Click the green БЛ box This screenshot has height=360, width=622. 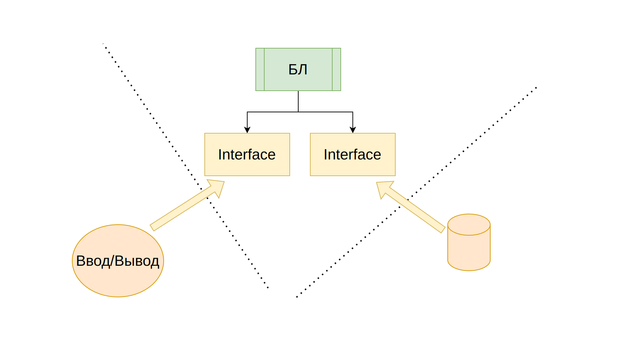click(298, 69)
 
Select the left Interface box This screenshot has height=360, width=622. click(247, 154)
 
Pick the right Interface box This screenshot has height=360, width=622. click(353, 154)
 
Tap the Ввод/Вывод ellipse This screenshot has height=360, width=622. click(118, 261)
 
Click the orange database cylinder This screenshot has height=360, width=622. click(469, 242)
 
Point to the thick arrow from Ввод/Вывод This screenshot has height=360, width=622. click(187, 205)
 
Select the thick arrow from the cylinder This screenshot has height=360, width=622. click(411, 207)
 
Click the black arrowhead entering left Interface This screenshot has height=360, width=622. click(247, 130)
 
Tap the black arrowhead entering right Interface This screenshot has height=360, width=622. click(353, 130)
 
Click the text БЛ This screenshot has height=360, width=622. click(298, 69)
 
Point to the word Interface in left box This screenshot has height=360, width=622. click(247, 154)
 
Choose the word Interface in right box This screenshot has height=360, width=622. click(352, 154)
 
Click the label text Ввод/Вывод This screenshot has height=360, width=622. click(118, 261)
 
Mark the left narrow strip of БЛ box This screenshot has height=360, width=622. click(260, 69)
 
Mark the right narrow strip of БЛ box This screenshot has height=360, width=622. click(337, 69)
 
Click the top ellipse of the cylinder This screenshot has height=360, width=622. click(469, 225)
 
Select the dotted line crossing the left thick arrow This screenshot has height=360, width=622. click(186, 166)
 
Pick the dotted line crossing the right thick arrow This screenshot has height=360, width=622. click(417, 192)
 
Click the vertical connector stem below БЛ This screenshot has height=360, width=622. click(298, 101)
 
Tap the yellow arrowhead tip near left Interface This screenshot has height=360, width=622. click(224, 182)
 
